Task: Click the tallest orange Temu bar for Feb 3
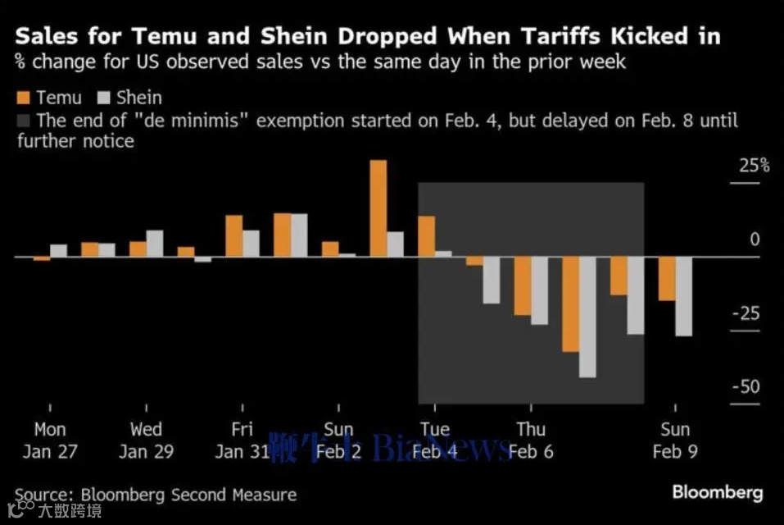tap(378, 208)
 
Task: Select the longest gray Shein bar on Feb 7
tap(587, 317)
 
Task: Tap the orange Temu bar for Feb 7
tap(570, 304)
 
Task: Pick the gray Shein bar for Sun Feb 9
tap(683, 296)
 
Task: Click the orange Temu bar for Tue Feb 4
tap(426, 236)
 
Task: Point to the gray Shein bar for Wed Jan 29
tap(155, 244)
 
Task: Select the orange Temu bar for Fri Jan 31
tap(233, 236)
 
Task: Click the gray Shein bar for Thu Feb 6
tap(539, 290)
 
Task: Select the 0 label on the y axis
tap(755, 240)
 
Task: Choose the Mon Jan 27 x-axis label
tap(50, 441)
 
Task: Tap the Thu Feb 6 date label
tap(531, 441)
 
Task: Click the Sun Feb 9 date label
tap(675, 441)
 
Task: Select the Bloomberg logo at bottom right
tap(717, 492)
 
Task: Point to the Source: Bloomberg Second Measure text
tap(155, 495)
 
